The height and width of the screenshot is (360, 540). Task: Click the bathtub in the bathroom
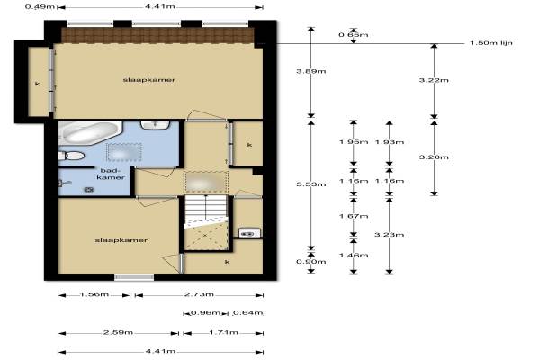click(90, 133)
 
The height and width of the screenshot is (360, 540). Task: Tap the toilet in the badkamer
click(72, 156)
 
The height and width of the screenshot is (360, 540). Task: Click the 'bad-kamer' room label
click(111, 174)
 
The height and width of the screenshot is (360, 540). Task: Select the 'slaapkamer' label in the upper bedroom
click(149, 80)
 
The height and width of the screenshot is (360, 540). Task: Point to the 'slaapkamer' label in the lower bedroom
click(121, 240)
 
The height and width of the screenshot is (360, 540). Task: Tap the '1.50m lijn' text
click(491, 43)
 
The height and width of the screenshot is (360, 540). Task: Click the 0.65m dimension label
click(354, 35)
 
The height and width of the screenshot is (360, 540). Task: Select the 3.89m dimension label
click(311, 71)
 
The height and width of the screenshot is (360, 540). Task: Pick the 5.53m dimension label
click(311, 184)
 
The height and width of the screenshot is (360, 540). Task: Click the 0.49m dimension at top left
click(40, 6)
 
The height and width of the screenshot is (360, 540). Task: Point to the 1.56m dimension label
click(94, 294)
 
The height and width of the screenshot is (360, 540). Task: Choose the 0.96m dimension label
click(205, 313)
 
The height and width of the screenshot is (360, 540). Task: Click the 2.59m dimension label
click(118, 332)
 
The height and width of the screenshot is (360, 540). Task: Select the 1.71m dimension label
click(223, 332)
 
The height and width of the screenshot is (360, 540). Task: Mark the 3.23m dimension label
click(390, 235)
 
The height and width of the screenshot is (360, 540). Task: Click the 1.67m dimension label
click(354, 216)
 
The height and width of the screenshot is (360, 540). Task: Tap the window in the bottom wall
click(134, 277)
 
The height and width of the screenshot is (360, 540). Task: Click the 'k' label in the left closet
click(38, 84)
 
